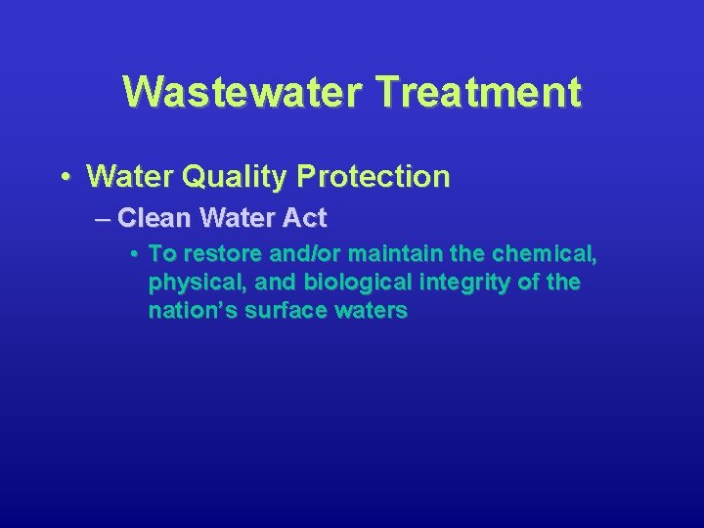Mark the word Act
click(x=306, y=217)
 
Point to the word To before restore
click(x=161, y=254)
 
